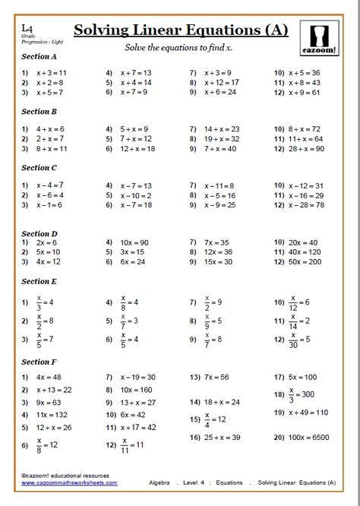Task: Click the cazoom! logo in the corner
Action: (324, 37)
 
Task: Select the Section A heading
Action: (39, 56)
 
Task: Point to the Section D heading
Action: (39, 234)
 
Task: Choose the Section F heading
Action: (39, 362)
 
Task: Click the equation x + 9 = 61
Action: (304, 92)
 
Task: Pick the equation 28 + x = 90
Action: (305, 149)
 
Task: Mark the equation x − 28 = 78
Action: (305, 205)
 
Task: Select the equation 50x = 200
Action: (303, 261)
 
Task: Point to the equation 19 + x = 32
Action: (221, 139)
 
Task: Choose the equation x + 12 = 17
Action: (221, 82)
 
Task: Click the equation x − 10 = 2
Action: (135, 195)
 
